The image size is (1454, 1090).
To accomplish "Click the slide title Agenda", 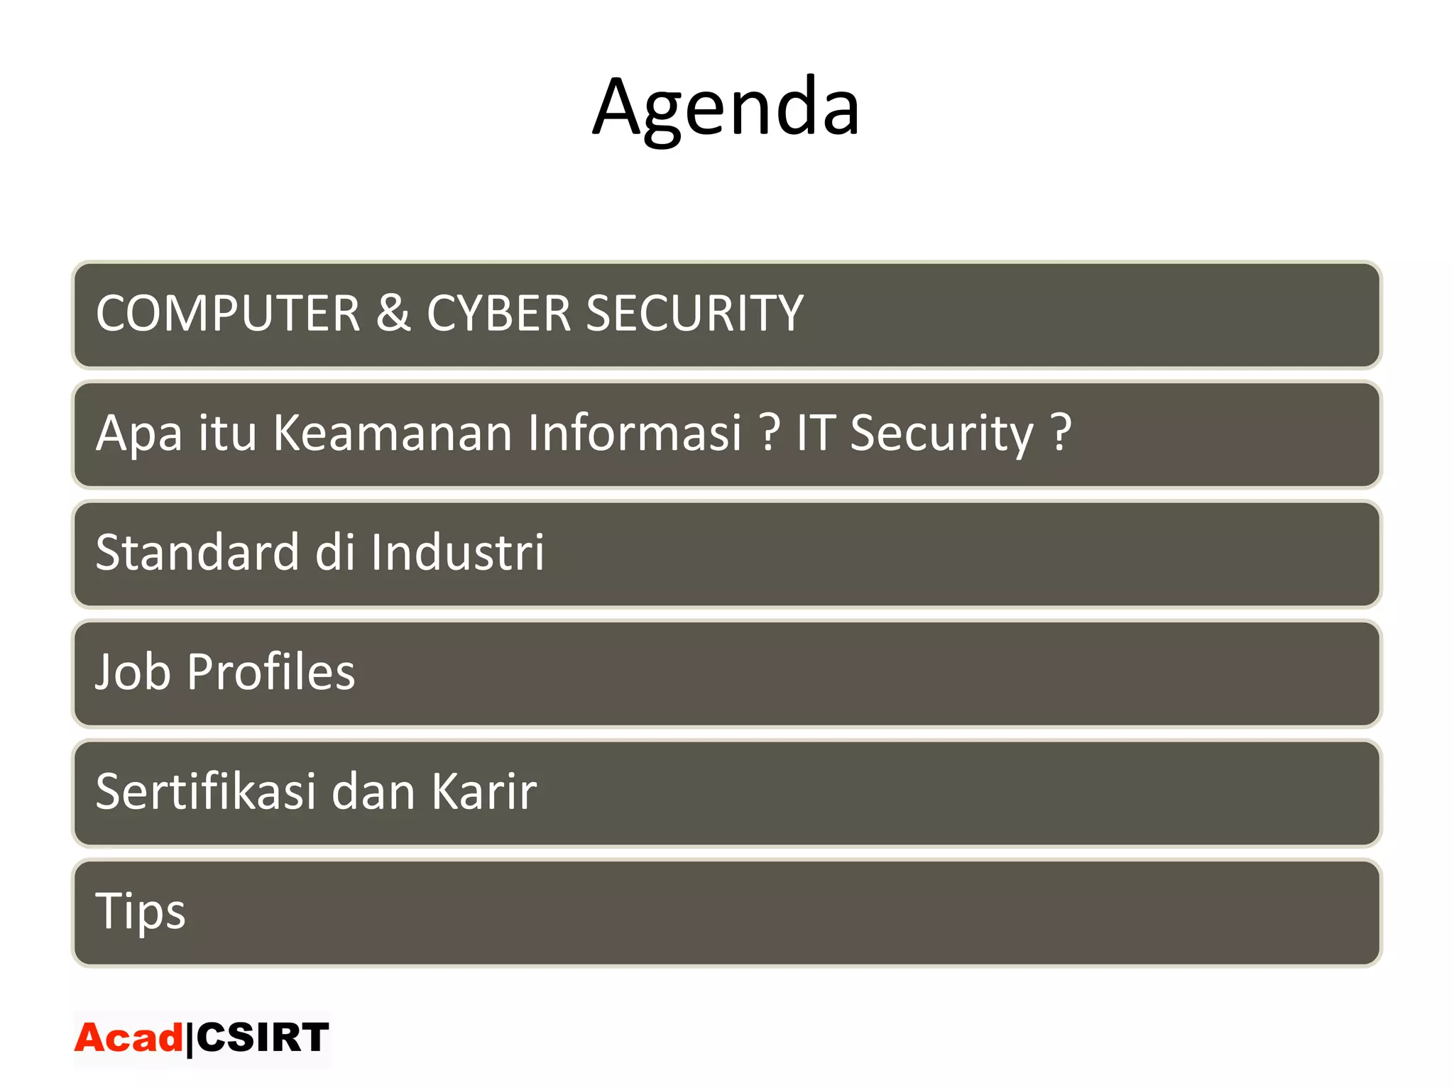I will [x=726, y=108].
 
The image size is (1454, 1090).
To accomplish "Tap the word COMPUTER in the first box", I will [x=228, y=313].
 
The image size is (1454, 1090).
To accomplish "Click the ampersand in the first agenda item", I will [x=393, y=313].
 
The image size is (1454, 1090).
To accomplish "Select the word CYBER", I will [x=498, y=313].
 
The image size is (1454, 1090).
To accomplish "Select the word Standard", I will [x=197, y=552].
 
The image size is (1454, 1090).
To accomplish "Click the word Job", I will [x=133, y=671].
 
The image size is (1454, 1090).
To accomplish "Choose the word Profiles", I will [x=270, y=671].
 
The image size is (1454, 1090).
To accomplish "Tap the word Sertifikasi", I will [x=206, y=791].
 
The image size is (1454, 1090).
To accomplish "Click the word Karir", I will [x=484, y=791].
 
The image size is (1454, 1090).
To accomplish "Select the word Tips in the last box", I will [x=140, y=911].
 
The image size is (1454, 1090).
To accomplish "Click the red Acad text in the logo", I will [x=129, y=1038].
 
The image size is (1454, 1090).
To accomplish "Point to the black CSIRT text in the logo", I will [x=262, y=1037].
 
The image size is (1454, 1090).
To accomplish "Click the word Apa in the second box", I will [x=139, y=434].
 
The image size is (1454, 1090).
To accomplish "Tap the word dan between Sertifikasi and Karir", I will [x=373, y=791].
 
